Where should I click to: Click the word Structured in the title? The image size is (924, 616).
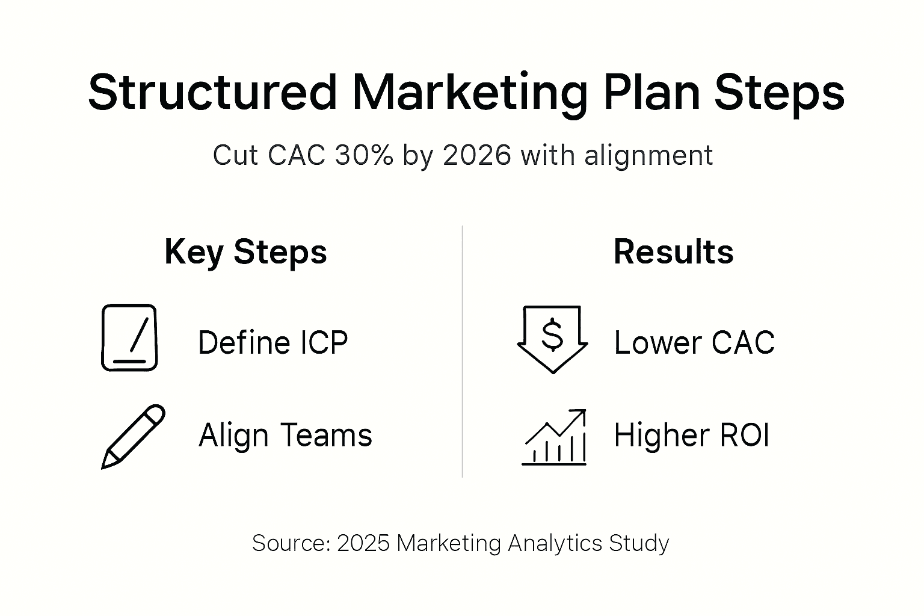(x=212, y=92)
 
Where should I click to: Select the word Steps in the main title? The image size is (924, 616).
(x=780, y=92)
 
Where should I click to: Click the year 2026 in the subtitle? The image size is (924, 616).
(x=476, y=155)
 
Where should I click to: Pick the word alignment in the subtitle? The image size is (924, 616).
(x=648, y=155)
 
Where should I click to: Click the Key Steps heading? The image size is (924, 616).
(x=245, y=251)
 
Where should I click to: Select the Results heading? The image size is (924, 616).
(x=673, y=251)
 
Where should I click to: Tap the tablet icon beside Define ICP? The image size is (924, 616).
(x=129, y=337)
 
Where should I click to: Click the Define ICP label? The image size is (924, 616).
(x=273, y=343)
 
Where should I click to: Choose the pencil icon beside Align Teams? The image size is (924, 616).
(x=133, y=436)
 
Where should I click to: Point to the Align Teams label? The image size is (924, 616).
(x=285, y=435)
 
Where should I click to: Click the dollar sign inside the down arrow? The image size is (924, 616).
(x=552, y=336)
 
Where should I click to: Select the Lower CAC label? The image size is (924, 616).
(x=694, y=343)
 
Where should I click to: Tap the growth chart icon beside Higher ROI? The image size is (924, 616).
(x=554, y=437)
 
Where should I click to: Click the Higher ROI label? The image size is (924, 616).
(x=691, y=435)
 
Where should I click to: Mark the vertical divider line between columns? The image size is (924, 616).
(x=462, y=352)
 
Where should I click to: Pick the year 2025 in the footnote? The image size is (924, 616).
(x=363, y=543)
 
